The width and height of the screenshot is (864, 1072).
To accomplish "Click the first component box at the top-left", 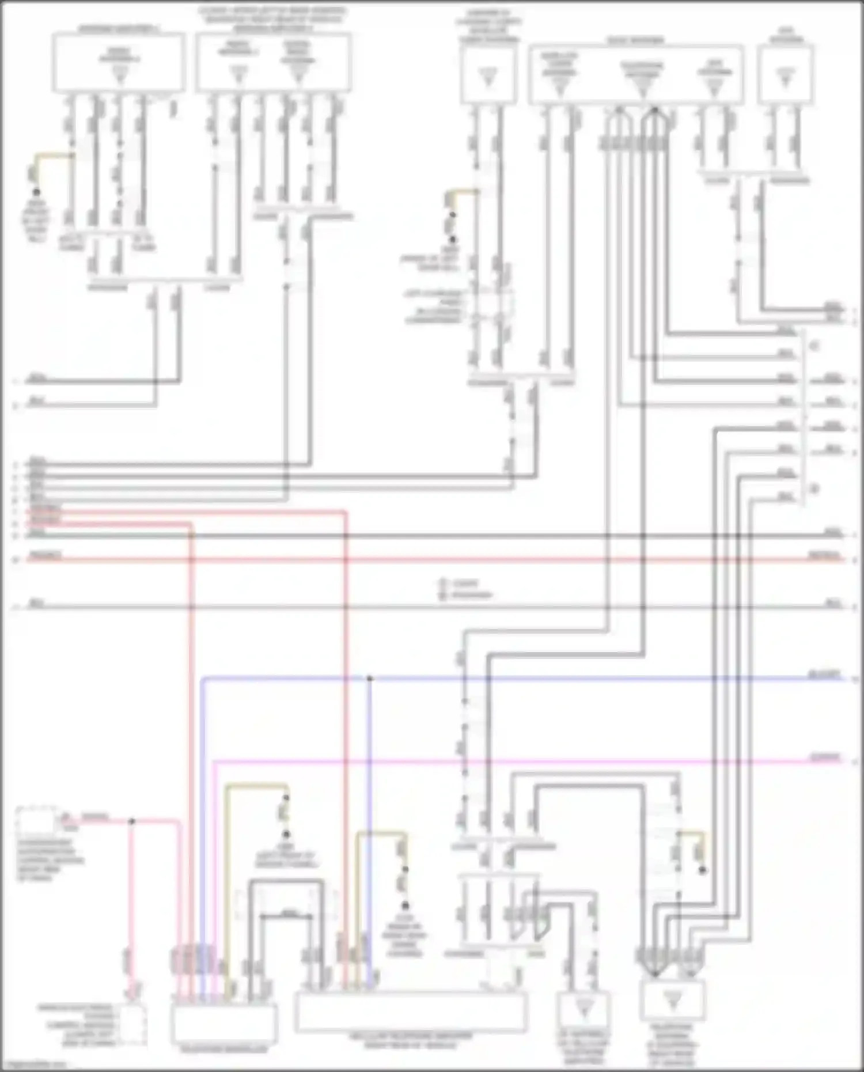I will [119, 62].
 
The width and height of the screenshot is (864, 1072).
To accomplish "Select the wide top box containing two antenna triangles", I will [274, 62].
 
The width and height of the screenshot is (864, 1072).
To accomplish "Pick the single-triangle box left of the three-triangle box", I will [488, 75].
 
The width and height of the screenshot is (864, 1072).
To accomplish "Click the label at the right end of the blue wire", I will [825, 675].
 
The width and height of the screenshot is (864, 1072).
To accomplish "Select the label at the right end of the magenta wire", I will [825, 757].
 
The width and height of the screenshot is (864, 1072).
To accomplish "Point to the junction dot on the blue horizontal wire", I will [370, 679].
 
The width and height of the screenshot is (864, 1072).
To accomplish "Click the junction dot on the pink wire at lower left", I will [131, 821].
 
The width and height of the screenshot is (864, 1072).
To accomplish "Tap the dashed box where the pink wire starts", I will [36, 820].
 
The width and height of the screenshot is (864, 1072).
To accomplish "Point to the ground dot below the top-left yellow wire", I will [36, 192].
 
